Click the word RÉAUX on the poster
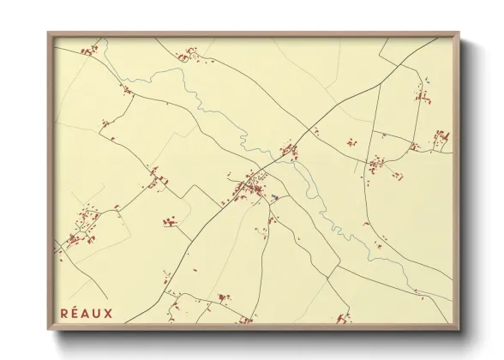87,312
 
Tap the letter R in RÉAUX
65,312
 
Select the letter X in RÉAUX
108,312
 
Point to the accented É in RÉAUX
75,312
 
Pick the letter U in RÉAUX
97,312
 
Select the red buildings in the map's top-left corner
88,51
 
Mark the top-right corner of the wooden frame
459,33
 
